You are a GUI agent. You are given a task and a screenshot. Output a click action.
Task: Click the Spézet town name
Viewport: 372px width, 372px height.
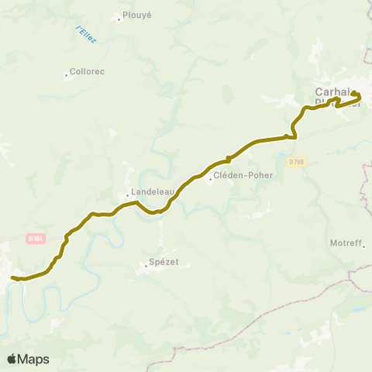point(165,262)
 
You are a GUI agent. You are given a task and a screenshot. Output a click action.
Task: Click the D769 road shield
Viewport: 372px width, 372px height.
point(296,161)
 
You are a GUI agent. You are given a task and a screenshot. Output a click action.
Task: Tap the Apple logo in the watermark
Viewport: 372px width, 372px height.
point(12,359)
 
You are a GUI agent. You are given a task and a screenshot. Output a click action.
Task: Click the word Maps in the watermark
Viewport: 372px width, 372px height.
point(34,359)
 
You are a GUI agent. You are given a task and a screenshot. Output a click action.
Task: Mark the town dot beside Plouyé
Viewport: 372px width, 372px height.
point(119,19)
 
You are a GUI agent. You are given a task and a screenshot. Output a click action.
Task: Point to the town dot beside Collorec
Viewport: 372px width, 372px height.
point(66,75)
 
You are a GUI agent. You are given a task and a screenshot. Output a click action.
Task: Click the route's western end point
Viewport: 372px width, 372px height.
point(12,277)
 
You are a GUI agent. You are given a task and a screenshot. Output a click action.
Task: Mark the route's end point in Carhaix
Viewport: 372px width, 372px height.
point(355,94)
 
